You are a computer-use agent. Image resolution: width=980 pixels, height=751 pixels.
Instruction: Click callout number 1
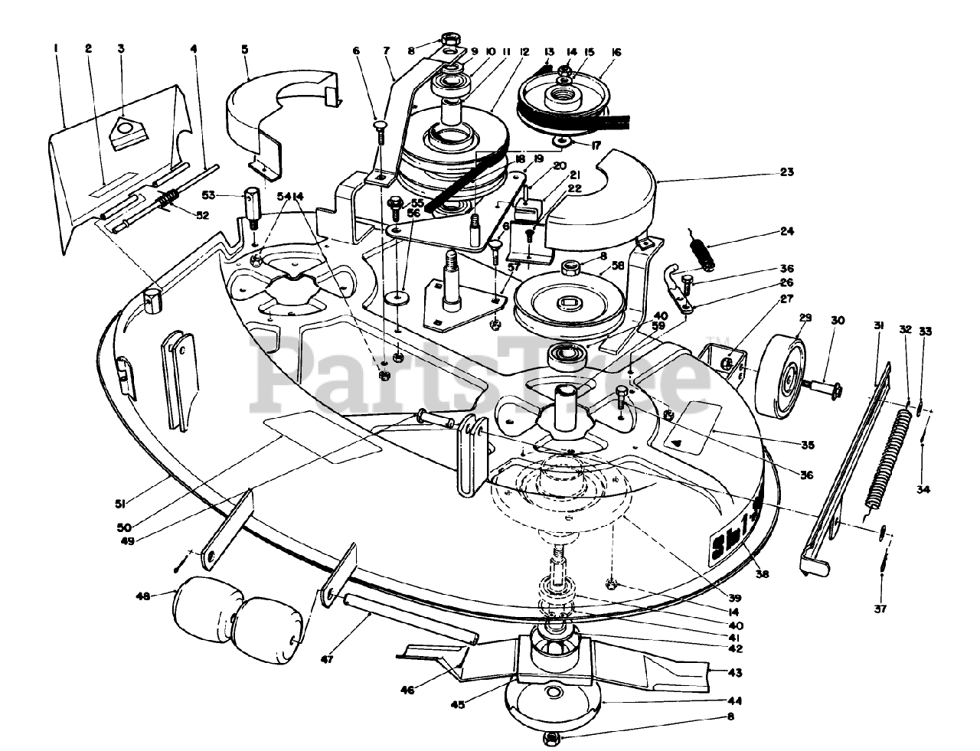coord(57,48)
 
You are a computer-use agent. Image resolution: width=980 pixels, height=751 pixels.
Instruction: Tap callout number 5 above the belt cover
coord(244,50)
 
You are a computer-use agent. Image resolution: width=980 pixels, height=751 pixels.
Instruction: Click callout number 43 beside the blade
coord(735,672)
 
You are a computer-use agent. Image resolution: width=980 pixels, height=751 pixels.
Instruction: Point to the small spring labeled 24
coord(702,253)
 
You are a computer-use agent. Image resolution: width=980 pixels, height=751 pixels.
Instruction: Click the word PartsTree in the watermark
coord(490,367)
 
